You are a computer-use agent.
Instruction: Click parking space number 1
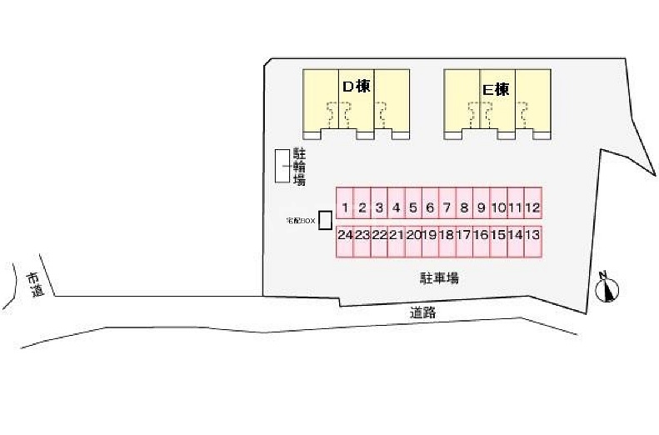[x=345, y=207]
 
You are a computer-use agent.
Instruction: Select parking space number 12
[x=533, y=207]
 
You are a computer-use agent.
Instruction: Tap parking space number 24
[x=345, y=236]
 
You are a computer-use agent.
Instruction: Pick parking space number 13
[x=533, y=236]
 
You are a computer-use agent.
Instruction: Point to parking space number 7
[x=447, y=207]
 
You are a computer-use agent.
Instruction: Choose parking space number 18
[x=447, y=236]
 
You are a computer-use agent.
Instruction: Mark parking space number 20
[x=413, y=236]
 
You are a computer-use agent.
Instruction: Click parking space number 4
[x=396, y=207]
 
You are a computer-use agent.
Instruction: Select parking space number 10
[x=499, y=207]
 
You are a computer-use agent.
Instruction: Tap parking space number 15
[x=499, y=236]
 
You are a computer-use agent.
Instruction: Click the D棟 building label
[x=357, y=86]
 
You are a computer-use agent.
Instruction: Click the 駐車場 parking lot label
[x=438, y=278]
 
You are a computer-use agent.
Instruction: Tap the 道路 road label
[x=423, y=313]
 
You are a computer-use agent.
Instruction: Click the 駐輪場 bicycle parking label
[x=298, y=167]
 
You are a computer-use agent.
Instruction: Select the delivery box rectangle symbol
[x=325, y=220]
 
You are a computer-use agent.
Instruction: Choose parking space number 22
[x=379, y=236]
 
